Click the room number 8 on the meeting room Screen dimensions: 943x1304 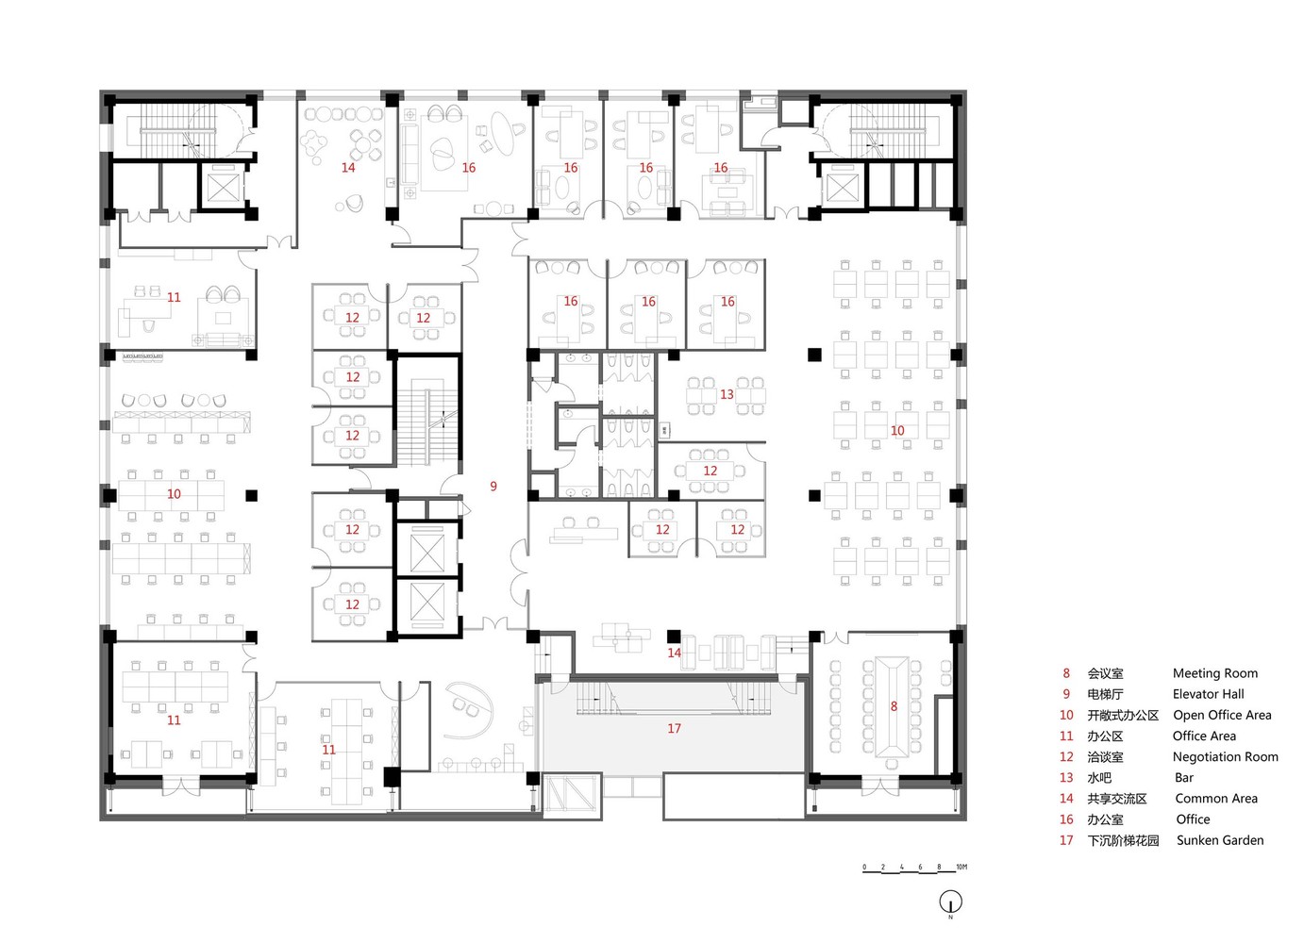tap(894, 706)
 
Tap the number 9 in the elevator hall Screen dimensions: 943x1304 tap(493, 487)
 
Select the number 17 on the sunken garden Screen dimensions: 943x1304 tap(674, 729)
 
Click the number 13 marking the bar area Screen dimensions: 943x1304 tap(727, 394)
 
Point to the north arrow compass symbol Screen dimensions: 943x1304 tap(950, 902)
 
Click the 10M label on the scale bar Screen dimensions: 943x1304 tap(961, 867)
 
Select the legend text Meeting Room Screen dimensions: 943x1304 tap(1214, 673)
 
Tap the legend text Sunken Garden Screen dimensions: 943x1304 tap(1219, 840)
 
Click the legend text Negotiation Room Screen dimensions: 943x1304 tap(1225, 757)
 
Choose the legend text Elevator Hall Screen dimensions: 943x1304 tap(1208, 694)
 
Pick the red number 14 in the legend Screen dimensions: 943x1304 tap(1066, 799)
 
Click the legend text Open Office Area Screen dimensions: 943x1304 tap(1221, 715)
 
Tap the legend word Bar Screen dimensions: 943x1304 tap(1183, 778)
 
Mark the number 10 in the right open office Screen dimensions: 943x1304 tap(896, 431)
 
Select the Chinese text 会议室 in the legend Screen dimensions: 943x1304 tap(1105, 674)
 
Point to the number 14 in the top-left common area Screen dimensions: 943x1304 tap(348, 168)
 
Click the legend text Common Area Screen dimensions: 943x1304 tap(1215, 799)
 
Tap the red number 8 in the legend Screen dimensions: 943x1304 tap(1066, 673)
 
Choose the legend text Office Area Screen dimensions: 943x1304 tap(1204, 736)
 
